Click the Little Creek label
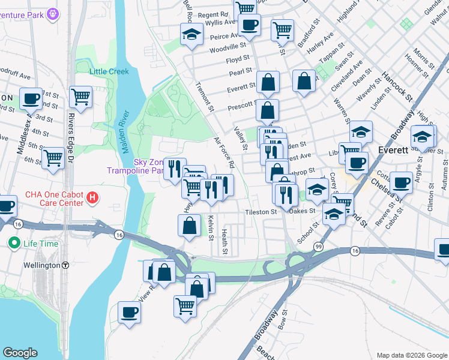tap(109, 71)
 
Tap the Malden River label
tap(127, 129)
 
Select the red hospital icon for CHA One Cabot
tap(92, 196)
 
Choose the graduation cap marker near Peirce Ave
tap(191, 34)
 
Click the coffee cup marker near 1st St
tap(31, 98)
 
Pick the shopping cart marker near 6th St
tap(53, 158)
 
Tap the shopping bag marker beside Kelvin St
tap(189, 226)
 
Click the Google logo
tap(20, 353)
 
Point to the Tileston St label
tap(261, 212)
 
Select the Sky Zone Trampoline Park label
tap(136, 166)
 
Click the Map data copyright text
tap(411, 355)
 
